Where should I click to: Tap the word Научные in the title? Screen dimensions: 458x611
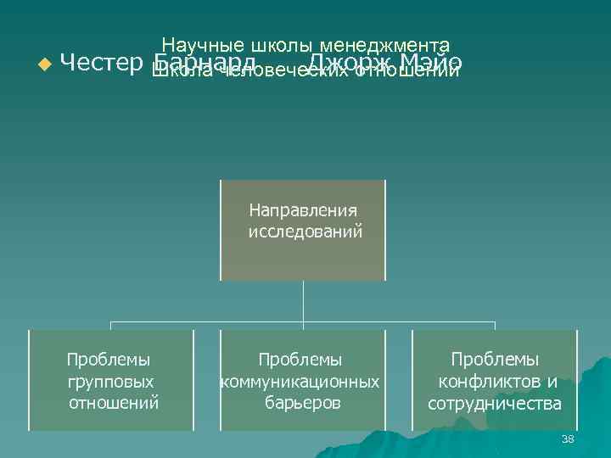tap(203, 44)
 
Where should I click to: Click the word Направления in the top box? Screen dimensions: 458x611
tap(304, 209)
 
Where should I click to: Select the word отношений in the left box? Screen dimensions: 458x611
tap(113, 402)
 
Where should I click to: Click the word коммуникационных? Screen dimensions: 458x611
tap(300, 382)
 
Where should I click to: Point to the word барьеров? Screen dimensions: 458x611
tap(302, 402)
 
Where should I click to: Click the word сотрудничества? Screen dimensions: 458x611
tap(495, 402)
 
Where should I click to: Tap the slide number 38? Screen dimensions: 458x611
tap(568, 438)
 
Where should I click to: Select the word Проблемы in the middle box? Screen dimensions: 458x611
tap(300, 360)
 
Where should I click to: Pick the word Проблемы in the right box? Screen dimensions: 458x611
tap(495, 360)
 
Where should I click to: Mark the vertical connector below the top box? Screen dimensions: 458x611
tap(304, 301)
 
